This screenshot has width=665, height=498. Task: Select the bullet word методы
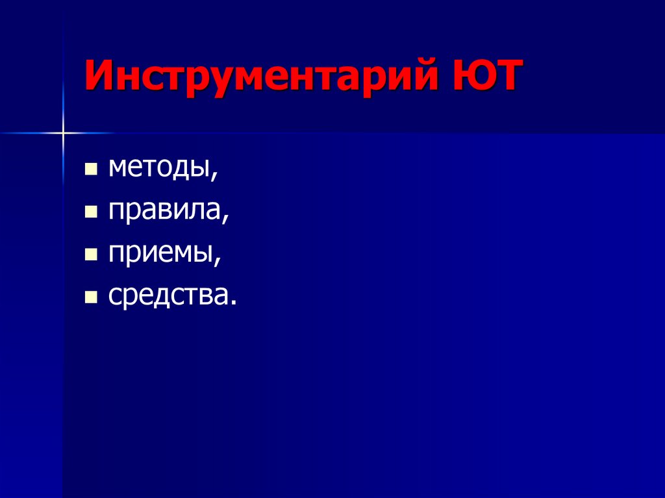(x=158, y=170)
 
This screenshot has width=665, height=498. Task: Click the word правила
(x=165, y=212)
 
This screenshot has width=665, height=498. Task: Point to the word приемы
(x=162, y=255)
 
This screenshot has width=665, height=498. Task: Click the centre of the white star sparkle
(x=64, y=133)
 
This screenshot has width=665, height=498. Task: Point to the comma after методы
(x=214, y=177)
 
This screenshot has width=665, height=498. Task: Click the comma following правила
(x=226, y=219)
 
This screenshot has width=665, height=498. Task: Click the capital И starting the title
(x=98, y=77)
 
